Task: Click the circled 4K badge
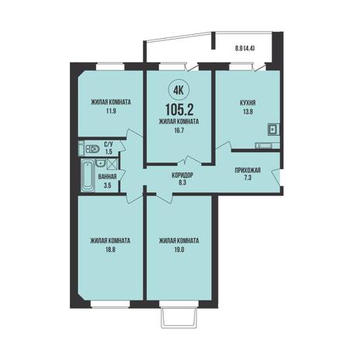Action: click(x=179, y=90)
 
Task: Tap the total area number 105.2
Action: click(x=179, y=110)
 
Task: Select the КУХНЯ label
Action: click(x=247, y=103)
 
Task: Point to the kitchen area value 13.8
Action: click(x=247, y=112)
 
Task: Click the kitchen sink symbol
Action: click(x=273, y=129)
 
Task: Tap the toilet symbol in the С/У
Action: click(x=92, y=149)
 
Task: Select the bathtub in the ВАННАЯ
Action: click(x=88, y=175)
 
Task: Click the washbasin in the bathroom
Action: click(x=100, y=163)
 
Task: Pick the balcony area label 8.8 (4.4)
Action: click(x=245, y=48)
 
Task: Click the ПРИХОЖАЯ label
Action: click(x=247, y=171)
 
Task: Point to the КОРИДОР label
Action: click(x=182, y=175)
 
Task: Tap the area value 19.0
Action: click(x=179, y=250)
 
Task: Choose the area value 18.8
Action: click(x=110, y=250)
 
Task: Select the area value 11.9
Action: click(x=110, y=112)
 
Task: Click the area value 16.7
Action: click(x=179, y=130)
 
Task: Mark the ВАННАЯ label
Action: click(x=107, y=176)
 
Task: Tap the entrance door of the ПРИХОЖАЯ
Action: click(x=276, y=177)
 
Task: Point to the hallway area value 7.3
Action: click(x=247, y=178)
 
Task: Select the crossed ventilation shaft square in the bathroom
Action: click(x=112, y=164)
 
